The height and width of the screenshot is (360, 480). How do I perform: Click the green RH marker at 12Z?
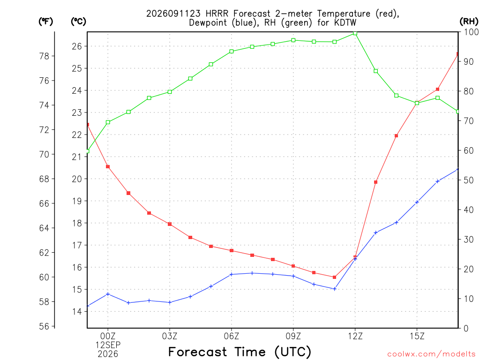(x=355, y=33)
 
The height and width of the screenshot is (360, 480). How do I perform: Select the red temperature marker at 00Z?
(x=108, y=167)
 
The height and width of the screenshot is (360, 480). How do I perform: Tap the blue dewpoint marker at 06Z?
(x=232, y=274)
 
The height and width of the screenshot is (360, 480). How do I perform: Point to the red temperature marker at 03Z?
(x=170, y=224)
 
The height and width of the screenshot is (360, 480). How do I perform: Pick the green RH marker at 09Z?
(x=293, y=40)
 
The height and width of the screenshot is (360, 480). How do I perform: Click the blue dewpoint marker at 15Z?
(x=417, y=202)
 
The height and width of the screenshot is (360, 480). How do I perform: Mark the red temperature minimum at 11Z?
(x=335, y=277)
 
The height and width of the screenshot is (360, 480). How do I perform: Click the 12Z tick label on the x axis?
(x=355, y=337)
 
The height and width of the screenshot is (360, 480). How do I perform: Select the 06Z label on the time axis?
(x=232, y=337)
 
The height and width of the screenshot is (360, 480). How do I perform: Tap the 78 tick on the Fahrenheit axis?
(x=44, y=56)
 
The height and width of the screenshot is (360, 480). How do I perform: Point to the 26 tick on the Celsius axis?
(x=77, y=46)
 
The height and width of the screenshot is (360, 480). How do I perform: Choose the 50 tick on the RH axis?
(x=468, y=180)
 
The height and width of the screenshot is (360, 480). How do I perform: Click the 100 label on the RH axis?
(x=471, y=32)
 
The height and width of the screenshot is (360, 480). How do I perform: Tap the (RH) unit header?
(x=469, y=22)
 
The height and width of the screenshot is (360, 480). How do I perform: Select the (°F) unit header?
(x=45, y=22)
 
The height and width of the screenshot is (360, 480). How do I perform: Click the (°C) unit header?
(x=78, y=22)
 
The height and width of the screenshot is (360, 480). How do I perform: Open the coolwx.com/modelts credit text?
(x=432, y=354)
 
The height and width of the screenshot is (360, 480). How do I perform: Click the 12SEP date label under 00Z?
(x=108, y=345)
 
